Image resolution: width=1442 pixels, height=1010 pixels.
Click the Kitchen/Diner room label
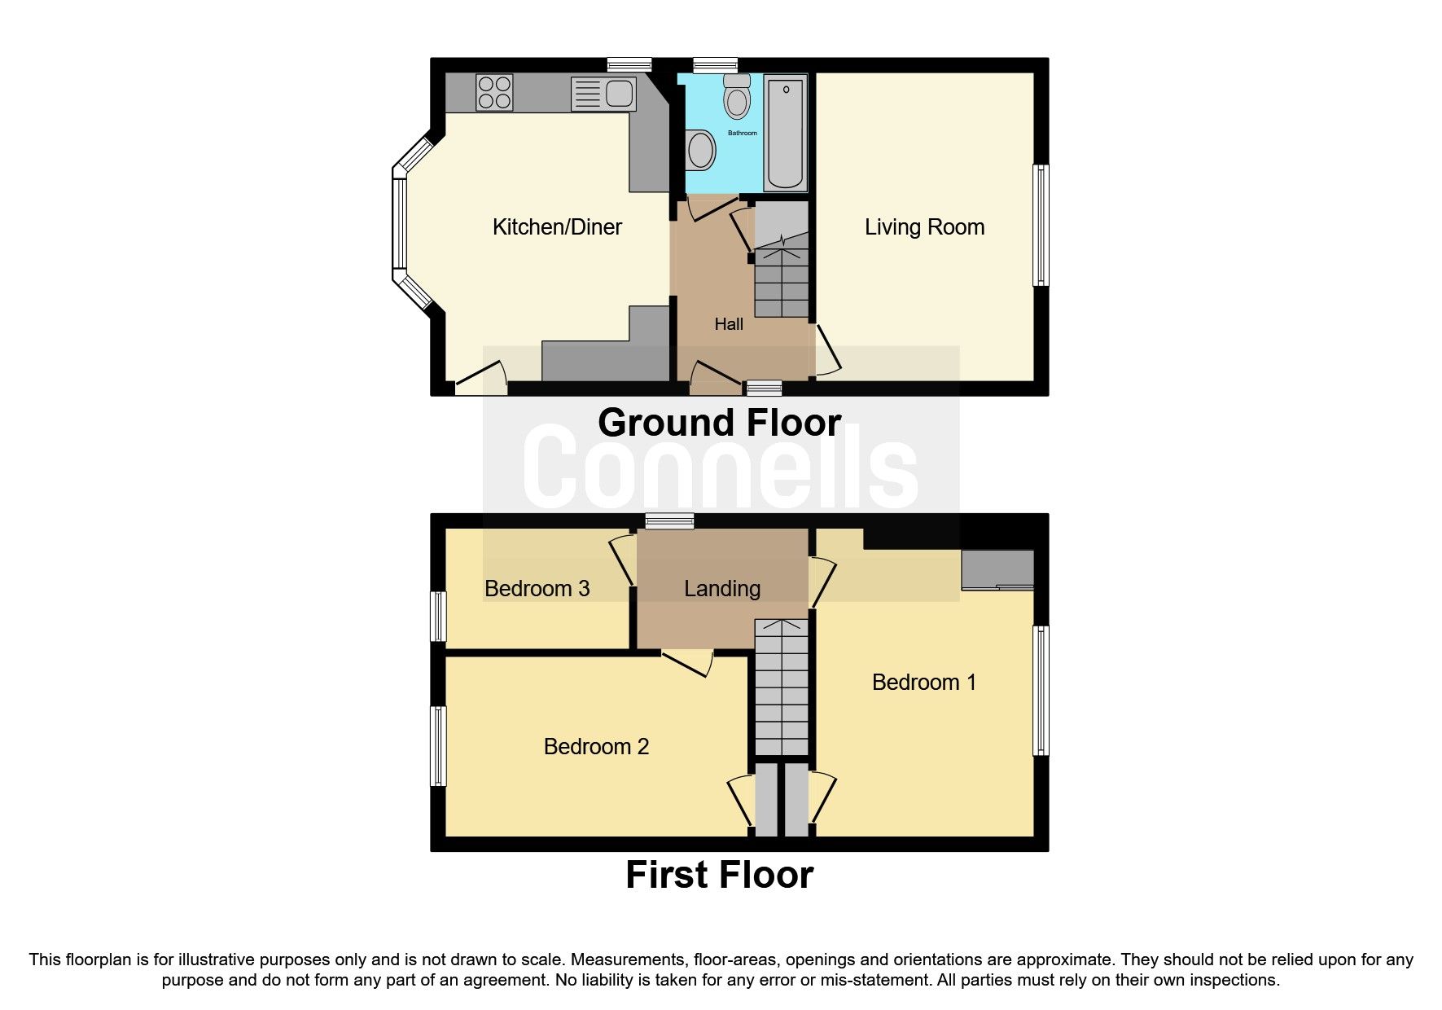pos(557,226)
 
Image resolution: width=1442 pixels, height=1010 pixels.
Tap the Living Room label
pos(924,226)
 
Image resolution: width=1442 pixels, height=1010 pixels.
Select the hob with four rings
pos(494,92)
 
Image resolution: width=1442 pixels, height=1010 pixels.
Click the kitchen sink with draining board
pos(603,93)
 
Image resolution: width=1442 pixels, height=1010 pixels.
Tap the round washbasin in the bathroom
pos(700,151)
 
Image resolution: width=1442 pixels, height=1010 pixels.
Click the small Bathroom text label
pos(742,133)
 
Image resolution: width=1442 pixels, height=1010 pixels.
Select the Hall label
pos(729,324)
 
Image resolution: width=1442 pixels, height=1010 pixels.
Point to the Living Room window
pos(1041,226)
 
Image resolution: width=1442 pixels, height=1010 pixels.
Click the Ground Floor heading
pos(719,423)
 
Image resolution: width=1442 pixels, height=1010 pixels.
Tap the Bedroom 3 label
pos(537,588)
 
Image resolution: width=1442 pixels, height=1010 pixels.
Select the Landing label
pos(722,588)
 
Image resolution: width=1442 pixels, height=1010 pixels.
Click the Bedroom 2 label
pos(596,746)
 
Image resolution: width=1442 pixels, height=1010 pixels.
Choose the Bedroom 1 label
pos(923,682)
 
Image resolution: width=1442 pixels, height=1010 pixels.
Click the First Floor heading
pos(719,875)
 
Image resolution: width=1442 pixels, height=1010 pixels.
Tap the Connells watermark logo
pos(721,468)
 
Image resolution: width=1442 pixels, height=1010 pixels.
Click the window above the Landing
pos(669,521)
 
